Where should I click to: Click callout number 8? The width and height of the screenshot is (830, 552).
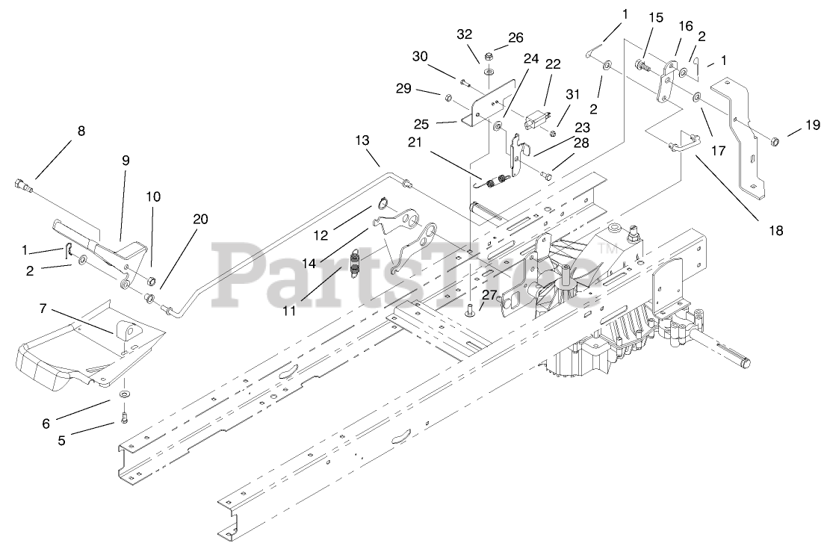[81, 131]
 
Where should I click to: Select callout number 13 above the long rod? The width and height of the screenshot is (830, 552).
[362, 140]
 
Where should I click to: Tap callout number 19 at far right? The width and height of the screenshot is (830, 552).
[813, 127]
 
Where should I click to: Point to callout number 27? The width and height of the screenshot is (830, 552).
[488, 295]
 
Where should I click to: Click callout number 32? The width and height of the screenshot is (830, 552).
[464, 34]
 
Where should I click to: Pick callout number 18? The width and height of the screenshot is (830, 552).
[776, 231]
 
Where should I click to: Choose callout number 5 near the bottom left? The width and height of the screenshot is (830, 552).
[62, 441]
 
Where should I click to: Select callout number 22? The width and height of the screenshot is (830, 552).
[552, 65]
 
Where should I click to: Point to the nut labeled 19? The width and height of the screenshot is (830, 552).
[774, 140]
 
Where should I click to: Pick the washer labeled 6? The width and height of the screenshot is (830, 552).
[123, 392]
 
